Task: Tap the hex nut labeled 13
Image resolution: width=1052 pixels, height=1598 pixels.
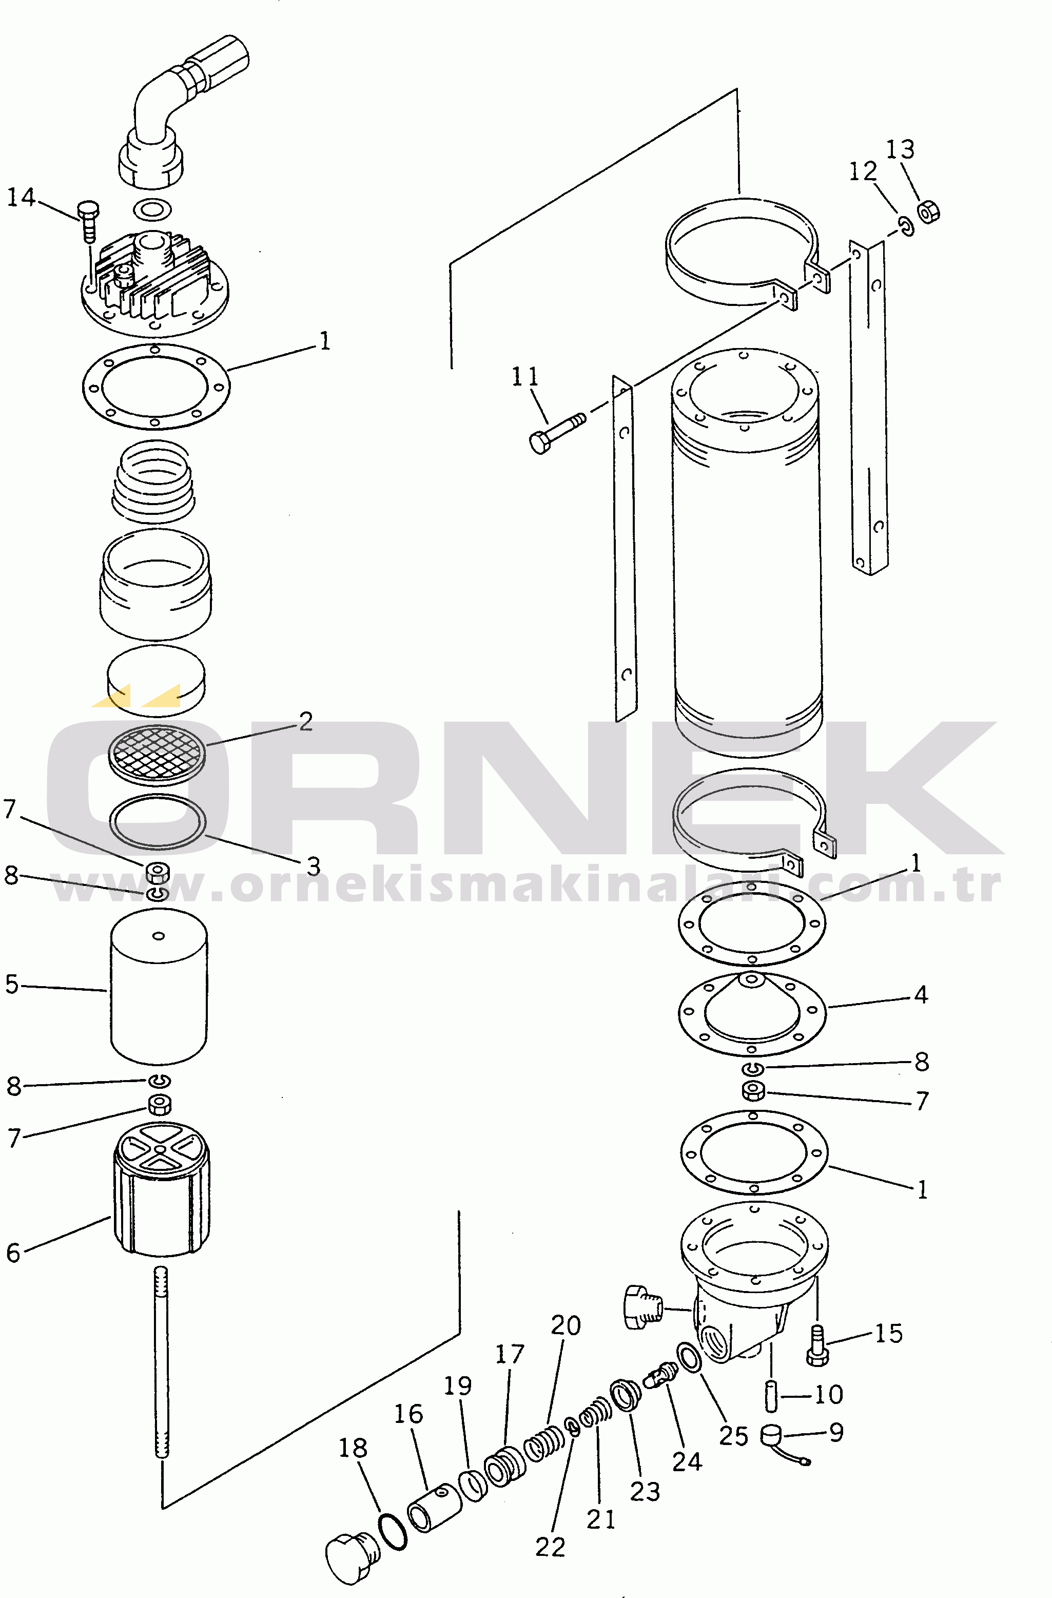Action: click(x=928, y=211)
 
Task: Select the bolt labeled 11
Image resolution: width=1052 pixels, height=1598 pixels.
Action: click(x=557, y=433)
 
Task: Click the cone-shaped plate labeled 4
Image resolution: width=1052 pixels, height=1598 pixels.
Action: click(x=752, y=1014)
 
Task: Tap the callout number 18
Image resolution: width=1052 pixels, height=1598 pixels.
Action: click(x=353, y=1448)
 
